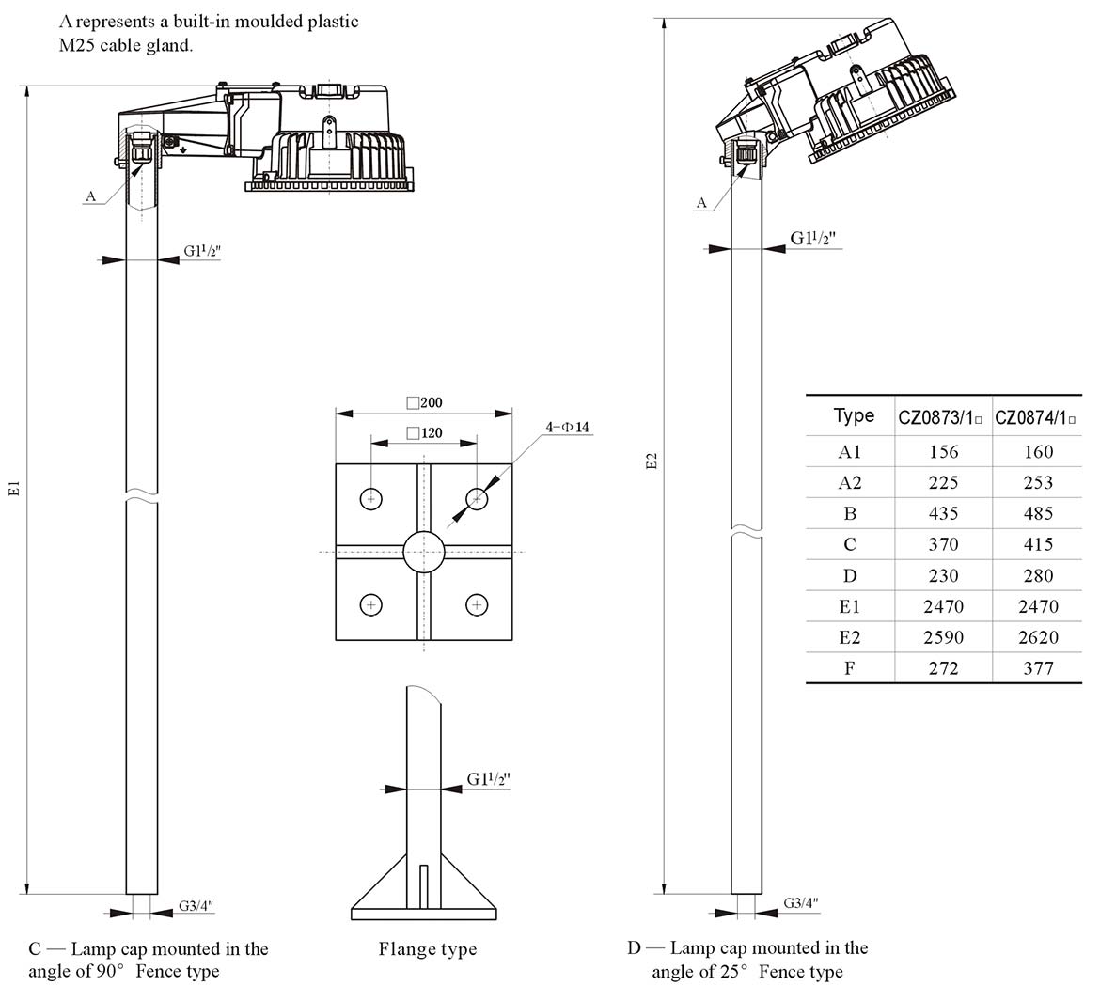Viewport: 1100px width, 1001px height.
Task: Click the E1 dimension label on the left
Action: [x=14, y=489]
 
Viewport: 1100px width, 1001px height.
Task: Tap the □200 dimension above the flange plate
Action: [x=425, y=402]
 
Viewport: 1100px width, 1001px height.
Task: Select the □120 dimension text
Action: [x=425, y=433]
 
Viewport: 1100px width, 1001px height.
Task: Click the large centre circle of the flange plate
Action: [x=424, y=551]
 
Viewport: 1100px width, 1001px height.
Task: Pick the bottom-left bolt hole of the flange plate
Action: [x=372, y=605]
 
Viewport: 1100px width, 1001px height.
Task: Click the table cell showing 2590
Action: [x=943, y=637]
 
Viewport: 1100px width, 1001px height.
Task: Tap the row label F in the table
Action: [x=850, y=668]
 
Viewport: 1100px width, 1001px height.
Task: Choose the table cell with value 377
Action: [x=1038, y=668]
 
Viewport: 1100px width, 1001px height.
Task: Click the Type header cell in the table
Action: [x=854, y=415]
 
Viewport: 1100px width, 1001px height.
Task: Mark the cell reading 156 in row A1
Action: [x=943, y=451]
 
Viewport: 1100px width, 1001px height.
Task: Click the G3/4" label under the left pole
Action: [x=196, y=906]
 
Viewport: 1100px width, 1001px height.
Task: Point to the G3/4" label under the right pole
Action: [x=801, y=903]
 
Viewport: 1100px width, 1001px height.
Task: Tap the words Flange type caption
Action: [x=428, y=949]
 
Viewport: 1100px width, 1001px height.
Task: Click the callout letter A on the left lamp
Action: [x=91, y=196]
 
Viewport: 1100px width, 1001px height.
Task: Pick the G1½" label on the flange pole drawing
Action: [x=489, y=779]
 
